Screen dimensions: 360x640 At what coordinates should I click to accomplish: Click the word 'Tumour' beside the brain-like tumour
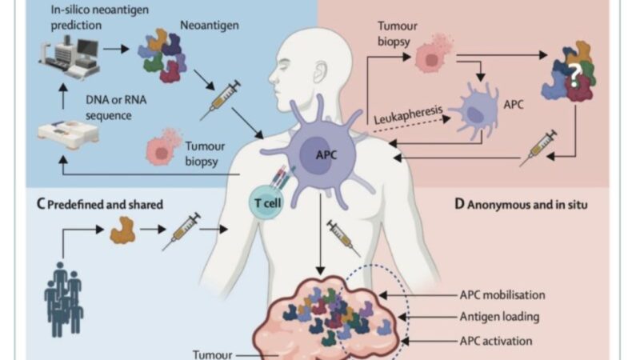[x=214, y=352]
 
